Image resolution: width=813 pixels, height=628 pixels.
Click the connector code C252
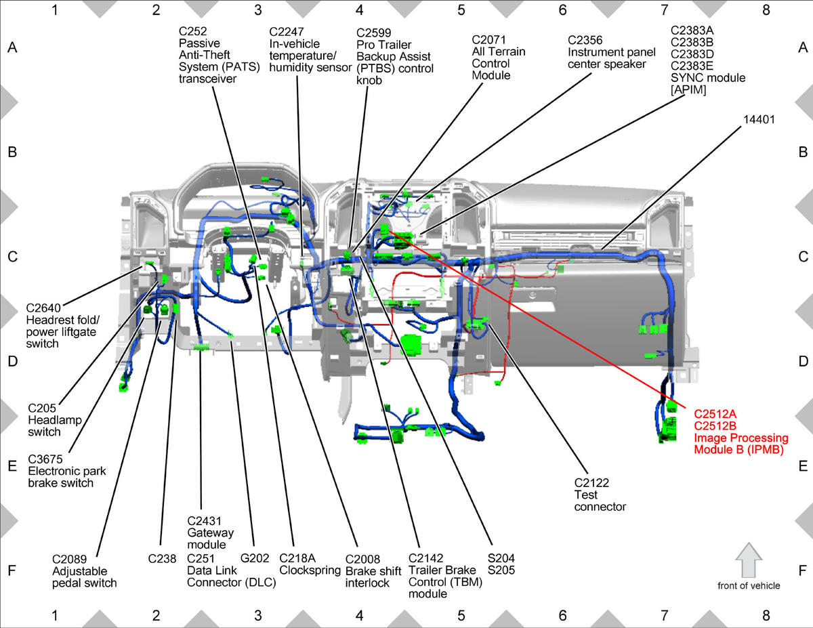coord(192,31)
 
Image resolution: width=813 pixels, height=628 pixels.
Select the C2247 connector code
coord(286,32)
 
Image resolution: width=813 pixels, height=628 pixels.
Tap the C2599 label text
coord(373,33)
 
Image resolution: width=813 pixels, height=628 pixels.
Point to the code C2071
coord(488,40)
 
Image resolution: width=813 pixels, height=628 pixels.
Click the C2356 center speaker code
coord(585,40)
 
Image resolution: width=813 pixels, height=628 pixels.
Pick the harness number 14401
coord(759,119)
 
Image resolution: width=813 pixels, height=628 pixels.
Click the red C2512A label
coord(715,414)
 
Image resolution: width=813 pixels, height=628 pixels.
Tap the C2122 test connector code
coord(591,483)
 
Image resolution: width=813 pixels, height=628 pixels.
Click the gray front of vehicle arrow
coord(749,560)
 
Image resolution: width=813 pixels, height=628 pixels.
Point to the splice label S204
coord(501,558)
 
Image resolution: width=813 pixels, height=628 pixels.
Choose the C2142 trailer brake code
coord(425,558)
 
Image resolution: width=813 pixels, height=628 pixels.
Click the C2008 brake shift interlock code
coord(362,559)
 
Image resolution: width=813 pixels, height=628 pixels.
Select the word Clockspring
coord(310,570)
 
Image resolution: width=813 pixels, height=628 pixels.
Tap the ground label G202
coord(255,558)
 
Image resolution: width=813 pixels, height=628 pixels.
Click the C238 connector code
coord(162,559)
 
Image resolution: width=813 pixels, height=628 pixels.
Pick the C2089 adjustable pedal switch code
coord(69,559)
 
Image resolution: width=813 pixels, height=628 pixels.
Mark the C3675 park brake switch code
coord(45,459)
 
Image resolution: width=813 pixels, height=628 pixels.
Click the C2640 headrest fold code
coord(43,308)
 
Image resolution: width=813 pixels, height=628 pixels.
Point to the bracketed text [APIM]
coord(688,90)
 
